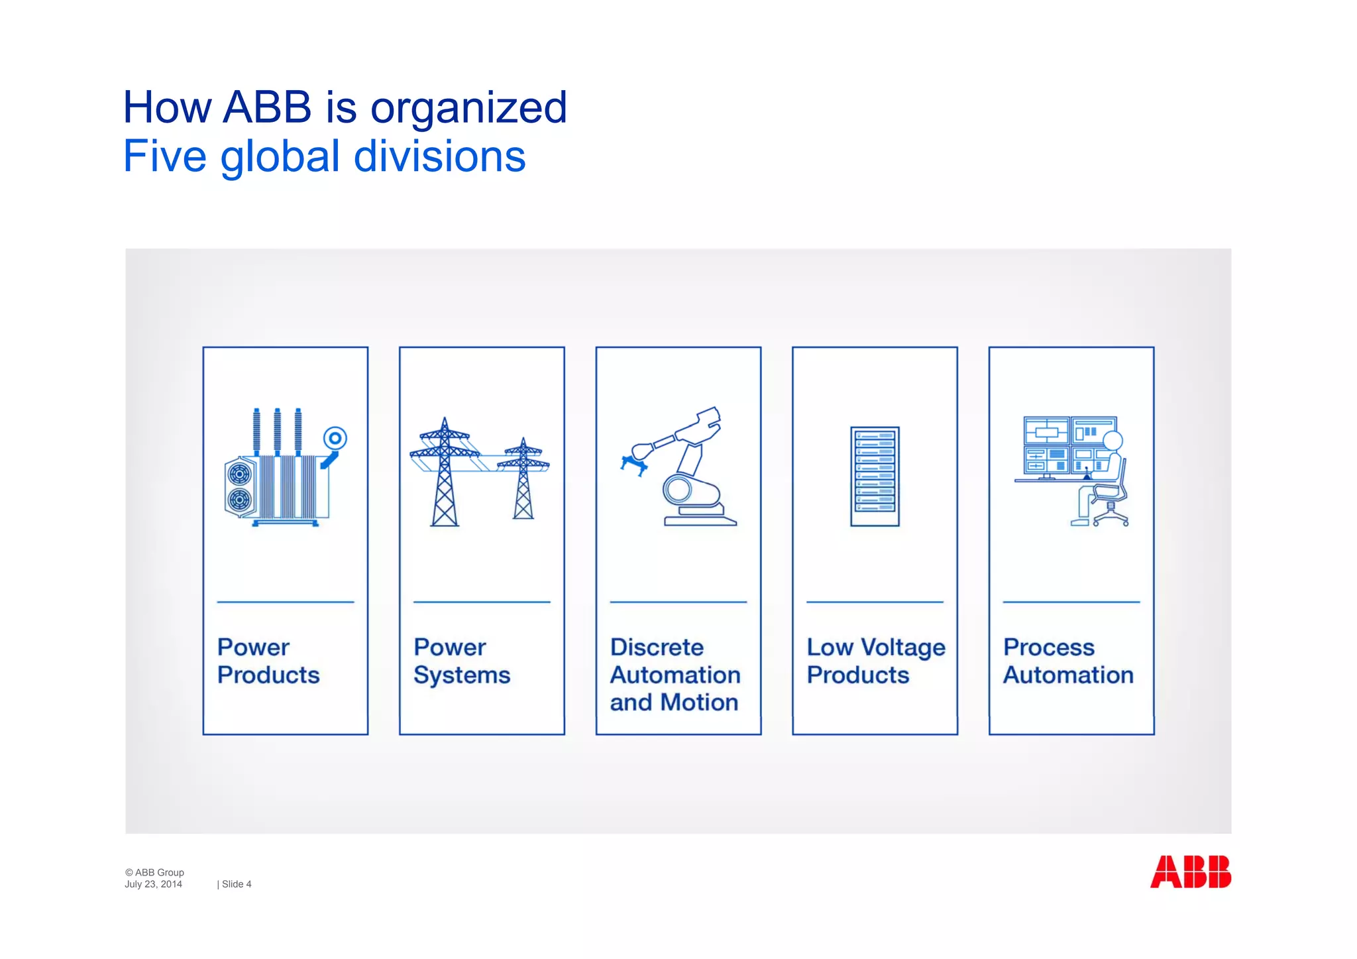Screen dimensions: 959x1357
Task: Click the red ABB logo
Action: click(1190, 872)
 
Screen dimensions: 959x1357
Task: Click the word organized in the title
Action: click(468, 108)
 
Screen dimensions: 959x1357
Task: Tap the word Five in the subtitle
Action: click(165, 157)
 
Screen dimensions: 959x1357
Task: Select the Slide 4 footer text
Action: click(236, 884)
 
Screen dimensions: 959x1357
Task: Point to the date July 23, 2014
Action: click(153, 884)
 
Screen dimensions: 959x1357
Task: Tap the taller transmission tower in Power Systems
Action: click(445, 472)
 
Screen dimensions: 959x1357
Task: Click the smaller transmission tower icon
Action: click(523, 479)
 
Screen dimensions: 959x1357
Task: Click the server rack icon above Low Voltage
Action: click(875, 477)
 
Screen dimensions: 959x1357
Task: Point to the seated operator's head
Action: click(1113, 441)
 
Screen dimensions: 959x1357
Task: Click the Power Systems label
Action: click(462, 661)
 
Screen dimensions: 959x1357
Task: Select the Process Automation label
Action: click(1067, 661)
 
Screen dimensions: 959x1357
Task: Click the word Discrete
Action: click(657, 647)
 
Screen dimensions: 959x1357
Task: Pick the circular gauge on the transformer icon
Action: click(335, 438)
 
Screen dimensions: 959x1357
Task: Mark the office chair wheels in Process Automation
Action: click(1111, 521)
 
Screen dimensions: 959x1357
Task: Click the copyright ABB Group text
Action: click(154, 872)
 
